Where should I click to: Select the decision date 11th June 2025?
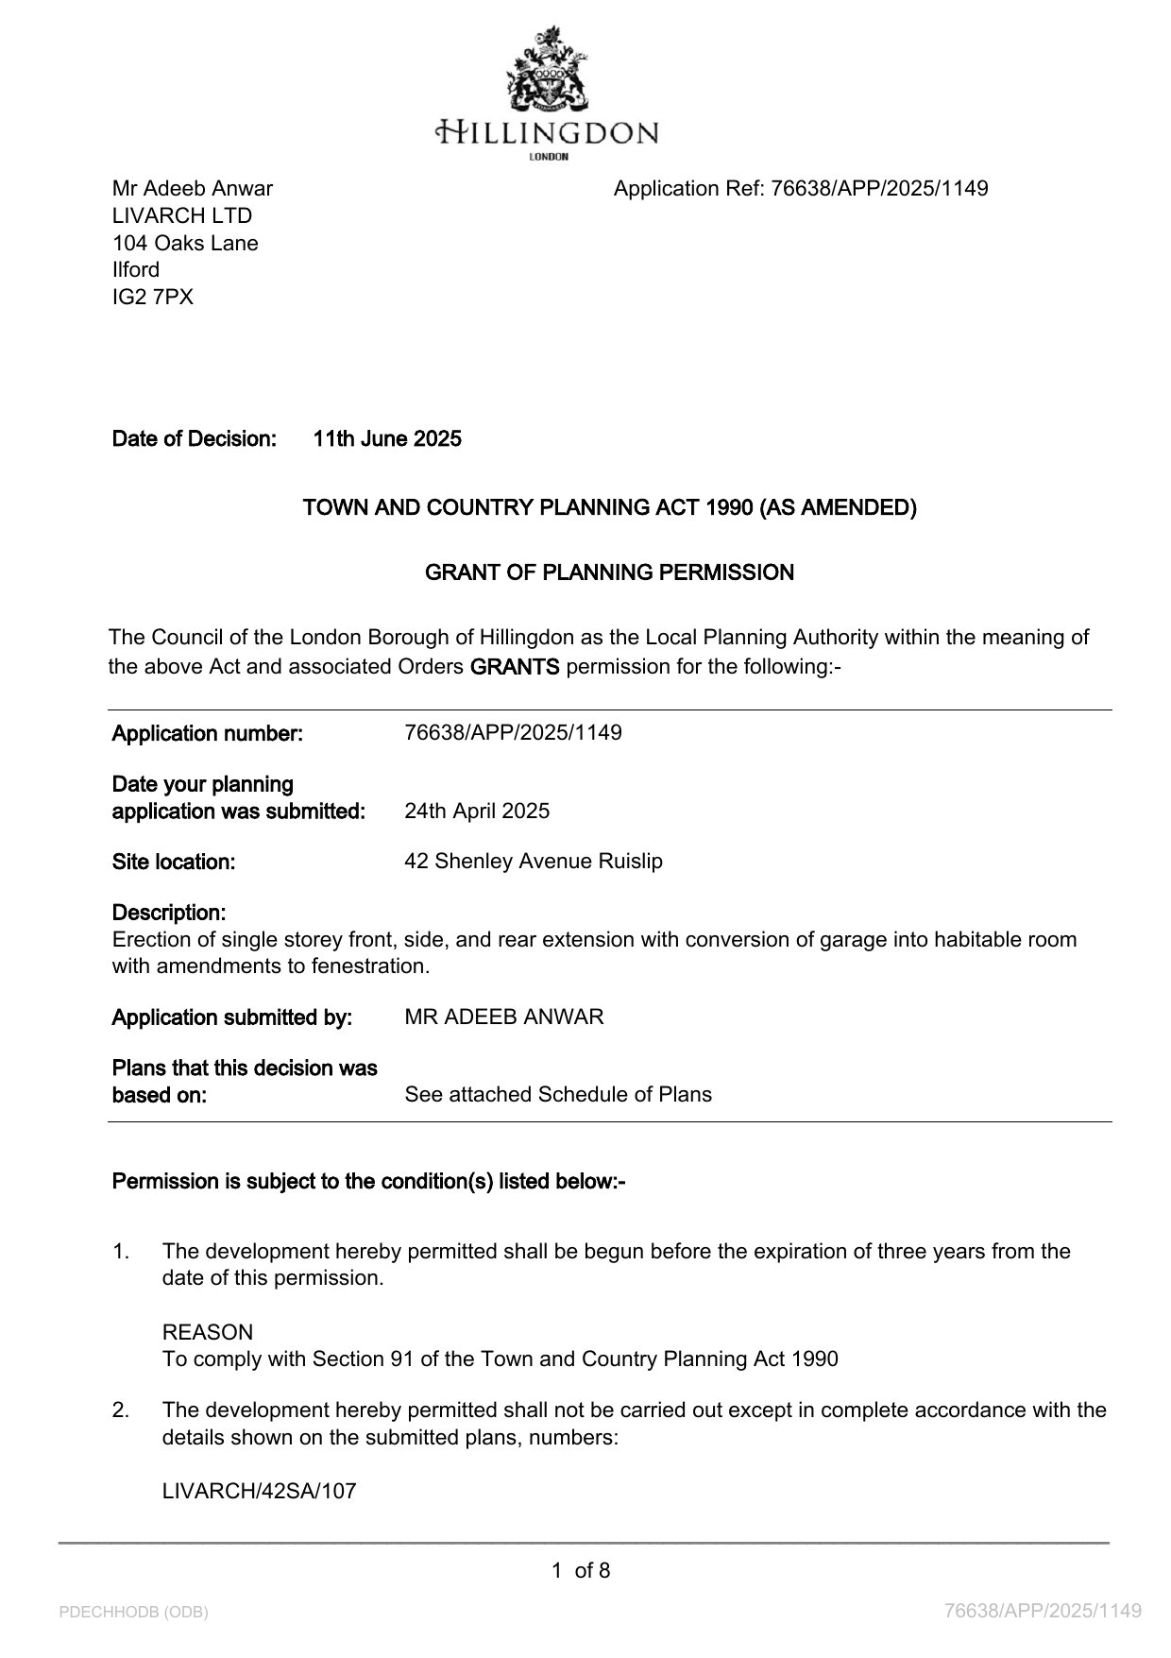click(387, 438)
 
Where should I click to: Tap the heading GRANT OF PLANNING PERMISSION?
click(609, 573)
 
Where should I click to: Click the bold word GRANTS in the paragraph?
click(515, 667)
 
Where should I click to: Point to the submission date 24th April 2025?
click(477, 812)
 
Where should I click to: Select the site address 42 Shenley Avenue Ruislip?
click(534, 862)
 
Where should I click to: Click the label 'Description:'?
click(169, 913)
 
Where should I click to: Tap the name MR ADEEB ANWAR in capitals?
click(503, 1017)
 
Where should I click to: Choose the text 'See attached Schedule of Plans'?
click(558, 1095)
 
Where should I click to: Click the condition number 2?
click(121, 1410)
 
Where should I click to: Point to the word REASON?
click(208, 1333)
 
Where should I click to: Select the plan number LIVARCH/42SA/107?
click(260, 1492)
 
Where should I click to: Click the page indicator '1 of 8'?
click(581, 1571)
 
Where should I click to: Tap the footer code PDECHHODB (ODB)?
click(133, 1612)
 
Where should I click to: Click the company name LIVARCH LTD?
click(182, 215)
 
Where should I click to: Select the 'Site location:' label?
click(174, 862)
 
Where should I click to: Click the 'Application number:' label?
click(208, 733)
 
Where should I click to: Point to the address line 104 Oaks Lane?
click(185, 243)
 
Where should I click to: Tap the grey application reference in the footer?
click(1043, 1611)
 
